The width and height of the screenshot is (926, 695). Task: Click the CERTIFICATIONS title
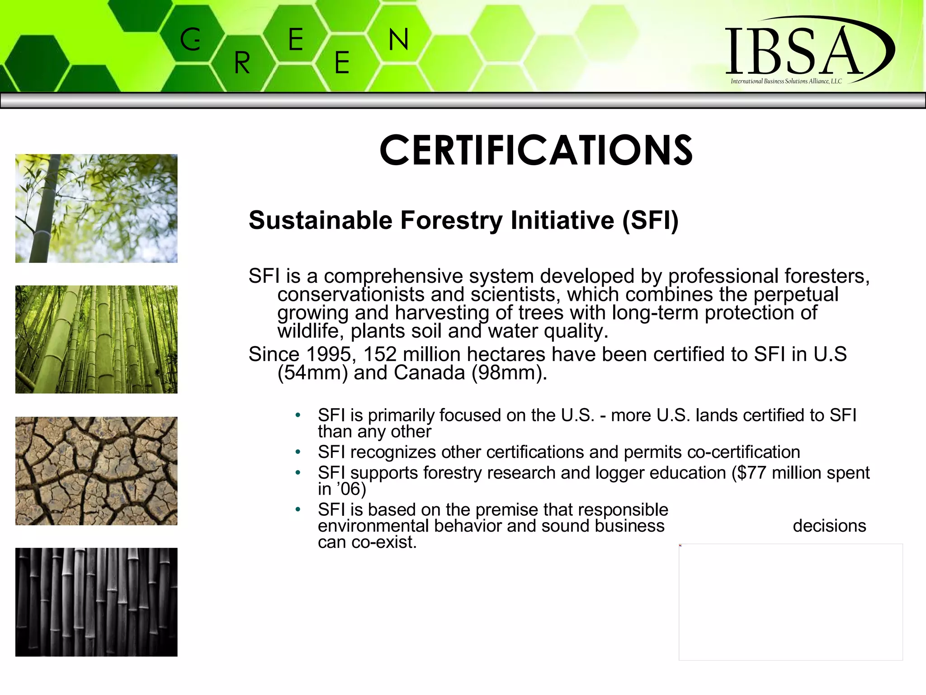click(536, 151)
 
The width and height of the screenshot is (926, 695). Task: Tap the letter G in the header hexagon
click(190, 39)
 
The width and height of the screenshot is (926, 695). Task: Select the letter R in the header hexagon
click(242, 63)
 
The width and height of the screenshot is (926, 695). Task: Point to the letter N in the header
click(398, 40)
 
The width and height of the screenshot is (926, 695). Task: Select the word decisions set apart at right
click(829, 526)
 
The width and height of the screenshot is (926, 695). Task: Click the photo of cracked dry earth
click(96, 471)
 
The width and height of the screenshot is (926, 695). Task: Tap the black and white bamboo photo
click(96, 602)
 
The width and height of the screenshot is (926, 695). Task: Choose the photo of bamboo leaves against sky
click(96, 208)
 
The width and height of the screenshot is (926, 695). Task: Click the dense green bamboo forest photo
click(96, 339)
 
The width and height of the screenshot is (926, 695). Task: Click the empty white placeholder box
click(790, 602)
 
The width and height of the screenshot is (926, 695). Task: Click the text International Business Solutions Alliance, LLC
click(786, 81)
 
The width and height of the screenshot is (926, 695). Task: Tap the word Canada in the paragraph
click(429, 373)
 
